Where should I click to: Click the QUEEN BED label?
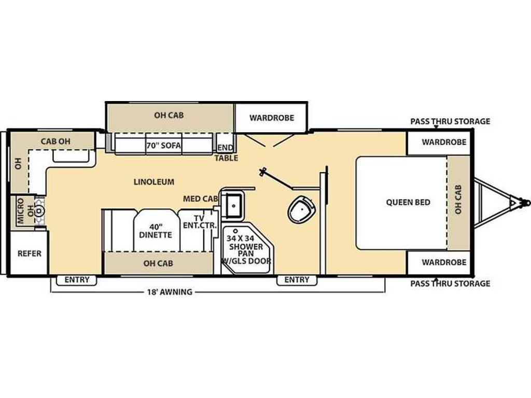408,203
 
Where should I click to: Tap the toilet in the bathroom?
301,209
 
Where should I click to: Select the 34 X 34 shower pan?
247,248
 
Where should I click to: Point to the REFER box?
29,253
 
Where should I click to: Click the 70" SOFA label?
163,146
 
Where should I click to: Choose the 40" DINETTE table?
156,231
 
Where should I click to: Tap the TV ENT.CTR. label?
200,222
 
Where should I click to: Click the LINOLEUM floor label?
154,182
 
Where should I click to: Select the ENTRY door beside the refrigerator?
77,280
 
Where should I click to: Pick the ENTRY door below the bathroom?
297,280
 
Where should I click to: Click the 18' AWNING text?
170,292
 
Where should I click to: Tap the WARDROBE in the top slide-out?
272,118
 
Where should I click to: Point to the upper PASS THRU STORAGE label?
450,121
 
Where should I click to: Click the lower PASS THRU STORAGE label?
450,283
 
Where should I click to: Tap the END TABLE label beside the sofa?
226,153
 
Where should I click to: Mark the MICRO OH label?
25,211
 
